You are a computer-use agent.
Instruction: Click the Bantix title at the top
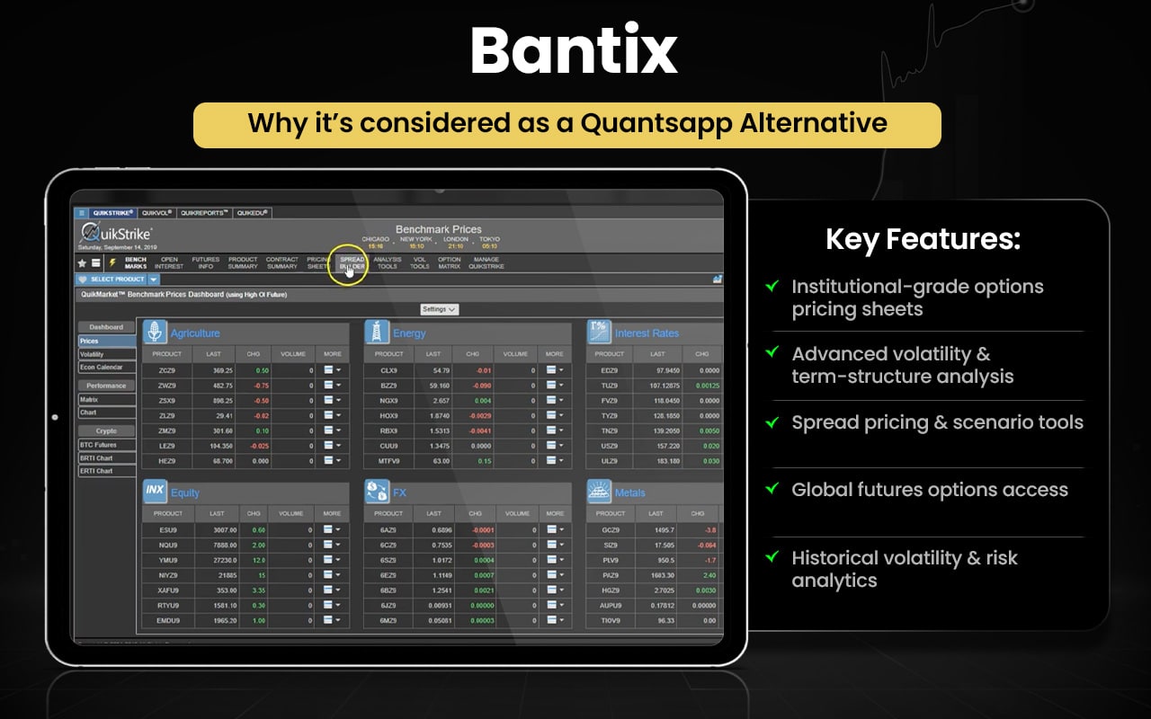(x=574, y=52)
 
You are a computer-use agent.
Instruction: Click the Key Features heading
(x=923, y=240)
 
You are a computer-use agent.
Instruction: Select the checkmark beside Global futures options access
(x=772, y=489)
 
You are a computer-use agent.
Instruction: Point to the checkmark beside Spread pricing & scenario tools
(x=772, y=422)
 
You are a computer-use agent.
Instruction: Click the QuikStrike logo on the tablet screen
(x=117, y=234)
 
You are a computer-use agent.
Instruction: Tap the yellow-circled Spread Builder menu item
(x=352, y=262)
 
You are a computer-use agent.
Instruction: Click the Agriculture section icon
(x=155, y=333)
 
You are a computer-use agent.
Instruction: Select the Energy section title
(x=409, y=333)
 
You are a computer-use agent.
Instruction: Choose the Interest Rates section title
(x=647, y=333)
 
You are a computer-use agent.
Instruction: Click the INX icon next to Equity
(x=155, y=492)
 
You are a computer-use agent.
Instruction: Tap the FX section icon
(x=377, y=492)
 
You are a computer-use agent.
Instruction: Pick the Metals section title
(x=630, y=493)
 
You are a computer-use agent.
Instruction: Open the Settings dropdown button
(x=439, y=309)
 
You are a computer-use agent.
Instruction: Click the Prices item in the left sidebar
(x=90, y=342)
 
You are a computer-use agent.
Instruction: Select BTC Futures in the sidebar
(x=98, y=445)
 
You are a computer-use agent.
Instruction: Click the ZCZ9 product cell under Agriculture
(x=167, y=370)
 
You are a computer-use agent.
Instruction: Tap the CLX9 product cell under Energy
(x=388, y=370)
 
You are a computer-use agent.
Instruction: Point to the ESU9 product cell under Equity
(x=167, y=529)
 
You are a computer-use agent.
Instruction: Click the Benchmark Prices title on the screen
(x=438, y=229)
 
